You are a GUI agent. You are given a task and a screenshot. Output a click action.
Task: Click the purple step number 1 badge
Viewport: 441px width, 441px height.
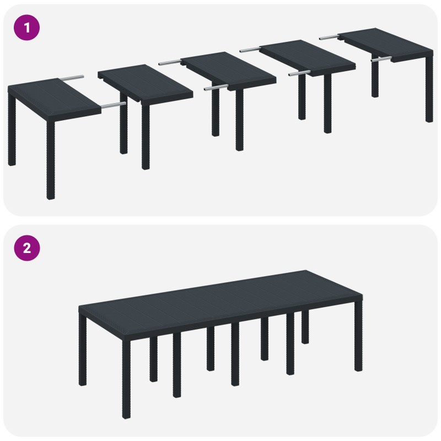tap(26, 27)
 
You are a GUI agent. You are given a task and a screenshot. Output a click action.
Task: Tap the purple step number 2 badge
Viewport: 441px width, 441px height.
tap(26, 248)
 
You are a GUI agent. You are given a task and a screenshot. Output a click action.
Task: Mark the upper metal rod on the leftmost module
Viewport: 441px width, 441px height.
tap(72, 77)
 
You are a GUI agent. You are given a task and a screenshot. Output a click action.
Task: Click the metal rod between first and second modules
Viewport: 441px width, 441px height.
tap(113, 103)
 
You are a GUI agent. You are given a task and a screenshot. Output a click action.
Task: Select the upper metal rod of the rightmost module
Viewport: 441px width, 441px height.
tap(329, 37)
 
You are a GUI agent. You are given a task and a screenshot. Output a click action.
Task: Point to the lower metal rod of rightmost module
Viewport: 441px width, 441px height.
tap(380, 58)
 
